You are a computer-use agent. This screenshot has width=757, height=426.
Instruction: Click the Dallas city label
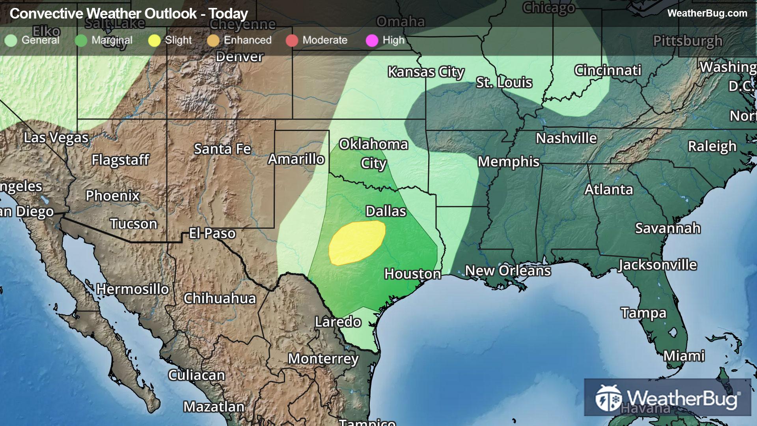point(386,211)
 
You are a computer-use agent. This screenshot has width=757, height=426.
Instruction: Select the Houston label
point(412,274)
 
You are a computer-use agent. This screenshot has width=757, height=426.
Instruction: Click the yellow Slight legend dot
point(154,40)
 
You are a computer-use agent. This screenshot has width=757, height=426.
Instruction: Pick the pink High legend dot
point(372,40)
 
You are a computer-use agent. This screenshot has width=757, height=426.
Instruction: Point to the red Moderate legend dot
point(292,40)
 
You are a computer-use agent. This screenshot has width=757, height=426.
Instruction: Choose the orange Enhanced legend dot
point(213,40)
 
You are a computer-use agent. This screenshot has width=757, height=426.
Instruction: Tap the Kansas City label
point(426,72)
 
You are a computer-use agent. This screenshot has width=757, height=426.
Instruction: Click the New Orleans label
point(508,271)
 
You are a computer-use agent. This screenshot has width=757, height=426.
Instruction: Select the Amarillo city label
point(296,159)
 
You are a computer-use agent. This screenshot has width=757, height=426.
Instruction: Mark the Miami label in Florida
point(684,356)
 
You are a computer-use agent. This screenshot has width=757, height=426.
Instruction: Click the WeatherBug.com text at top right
point(707,13)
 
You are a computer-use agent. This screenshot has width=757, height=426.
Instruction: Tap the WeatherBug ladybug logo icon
point(608,398)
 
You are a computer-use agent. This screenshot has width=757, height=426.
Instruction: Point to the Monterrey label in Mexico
point(323,359)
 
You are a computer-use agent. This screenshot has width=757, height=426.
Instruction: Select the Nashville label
point(566,138)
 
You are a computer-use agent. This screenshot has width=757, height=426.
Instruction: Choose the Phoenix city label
point(113,196)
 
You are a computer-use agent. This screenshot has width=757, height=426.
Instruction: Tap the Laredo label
point(338,322)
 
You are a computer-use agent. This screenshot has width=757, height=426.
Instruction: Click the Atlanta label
point(608,190)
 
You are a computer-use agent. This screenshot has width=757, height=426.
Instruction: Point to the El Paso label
point(212,234)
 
